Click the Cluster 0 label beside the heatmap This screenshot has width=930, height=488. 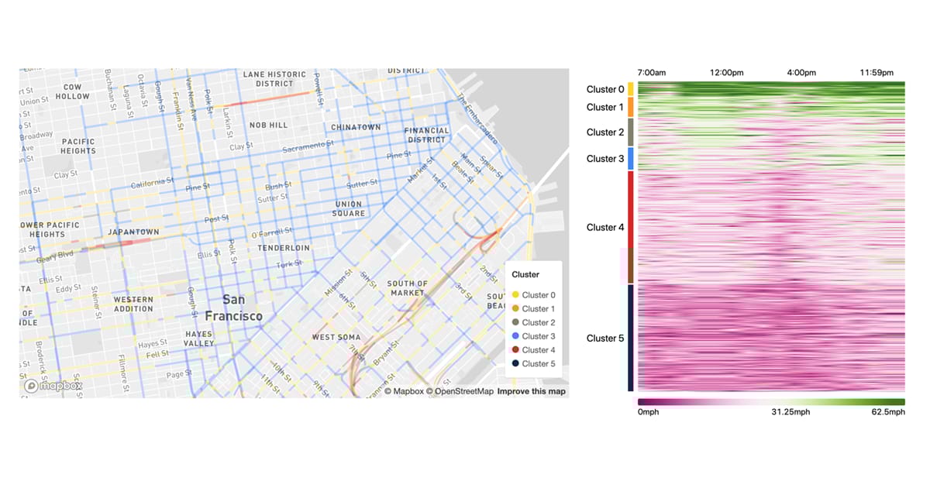[605, 89]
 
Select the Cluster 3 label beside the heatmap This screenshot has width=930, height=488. [605, 159]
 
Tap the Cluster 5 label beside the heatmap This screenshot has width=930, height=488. [605, 339]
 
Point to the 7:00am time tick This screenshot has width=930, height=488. [651, 73]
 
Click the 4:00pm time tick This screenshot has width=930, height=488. [801, 73]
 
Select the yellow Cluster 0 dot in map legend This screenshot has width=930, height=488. [515, 295]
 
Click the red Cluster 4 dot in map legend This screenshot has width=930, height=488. [515, 350]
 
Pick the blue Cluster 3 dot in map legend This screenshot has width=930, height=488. [515, 336]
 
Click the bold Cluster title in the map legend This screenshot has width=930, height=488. [526, 275]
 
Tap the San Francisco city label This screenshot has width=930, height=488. [233, 308]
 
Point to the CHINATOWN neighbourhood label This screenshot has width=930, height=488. [356, 127]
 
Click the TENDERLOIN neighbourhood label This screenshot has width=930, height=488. [284, 248]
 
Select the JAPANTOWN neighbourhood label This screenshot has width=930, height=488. [133, 232]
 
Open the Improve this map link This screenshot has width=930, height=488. [532, 391]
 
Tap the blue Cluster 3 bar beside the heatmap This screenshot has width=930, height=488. [631, 159]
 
